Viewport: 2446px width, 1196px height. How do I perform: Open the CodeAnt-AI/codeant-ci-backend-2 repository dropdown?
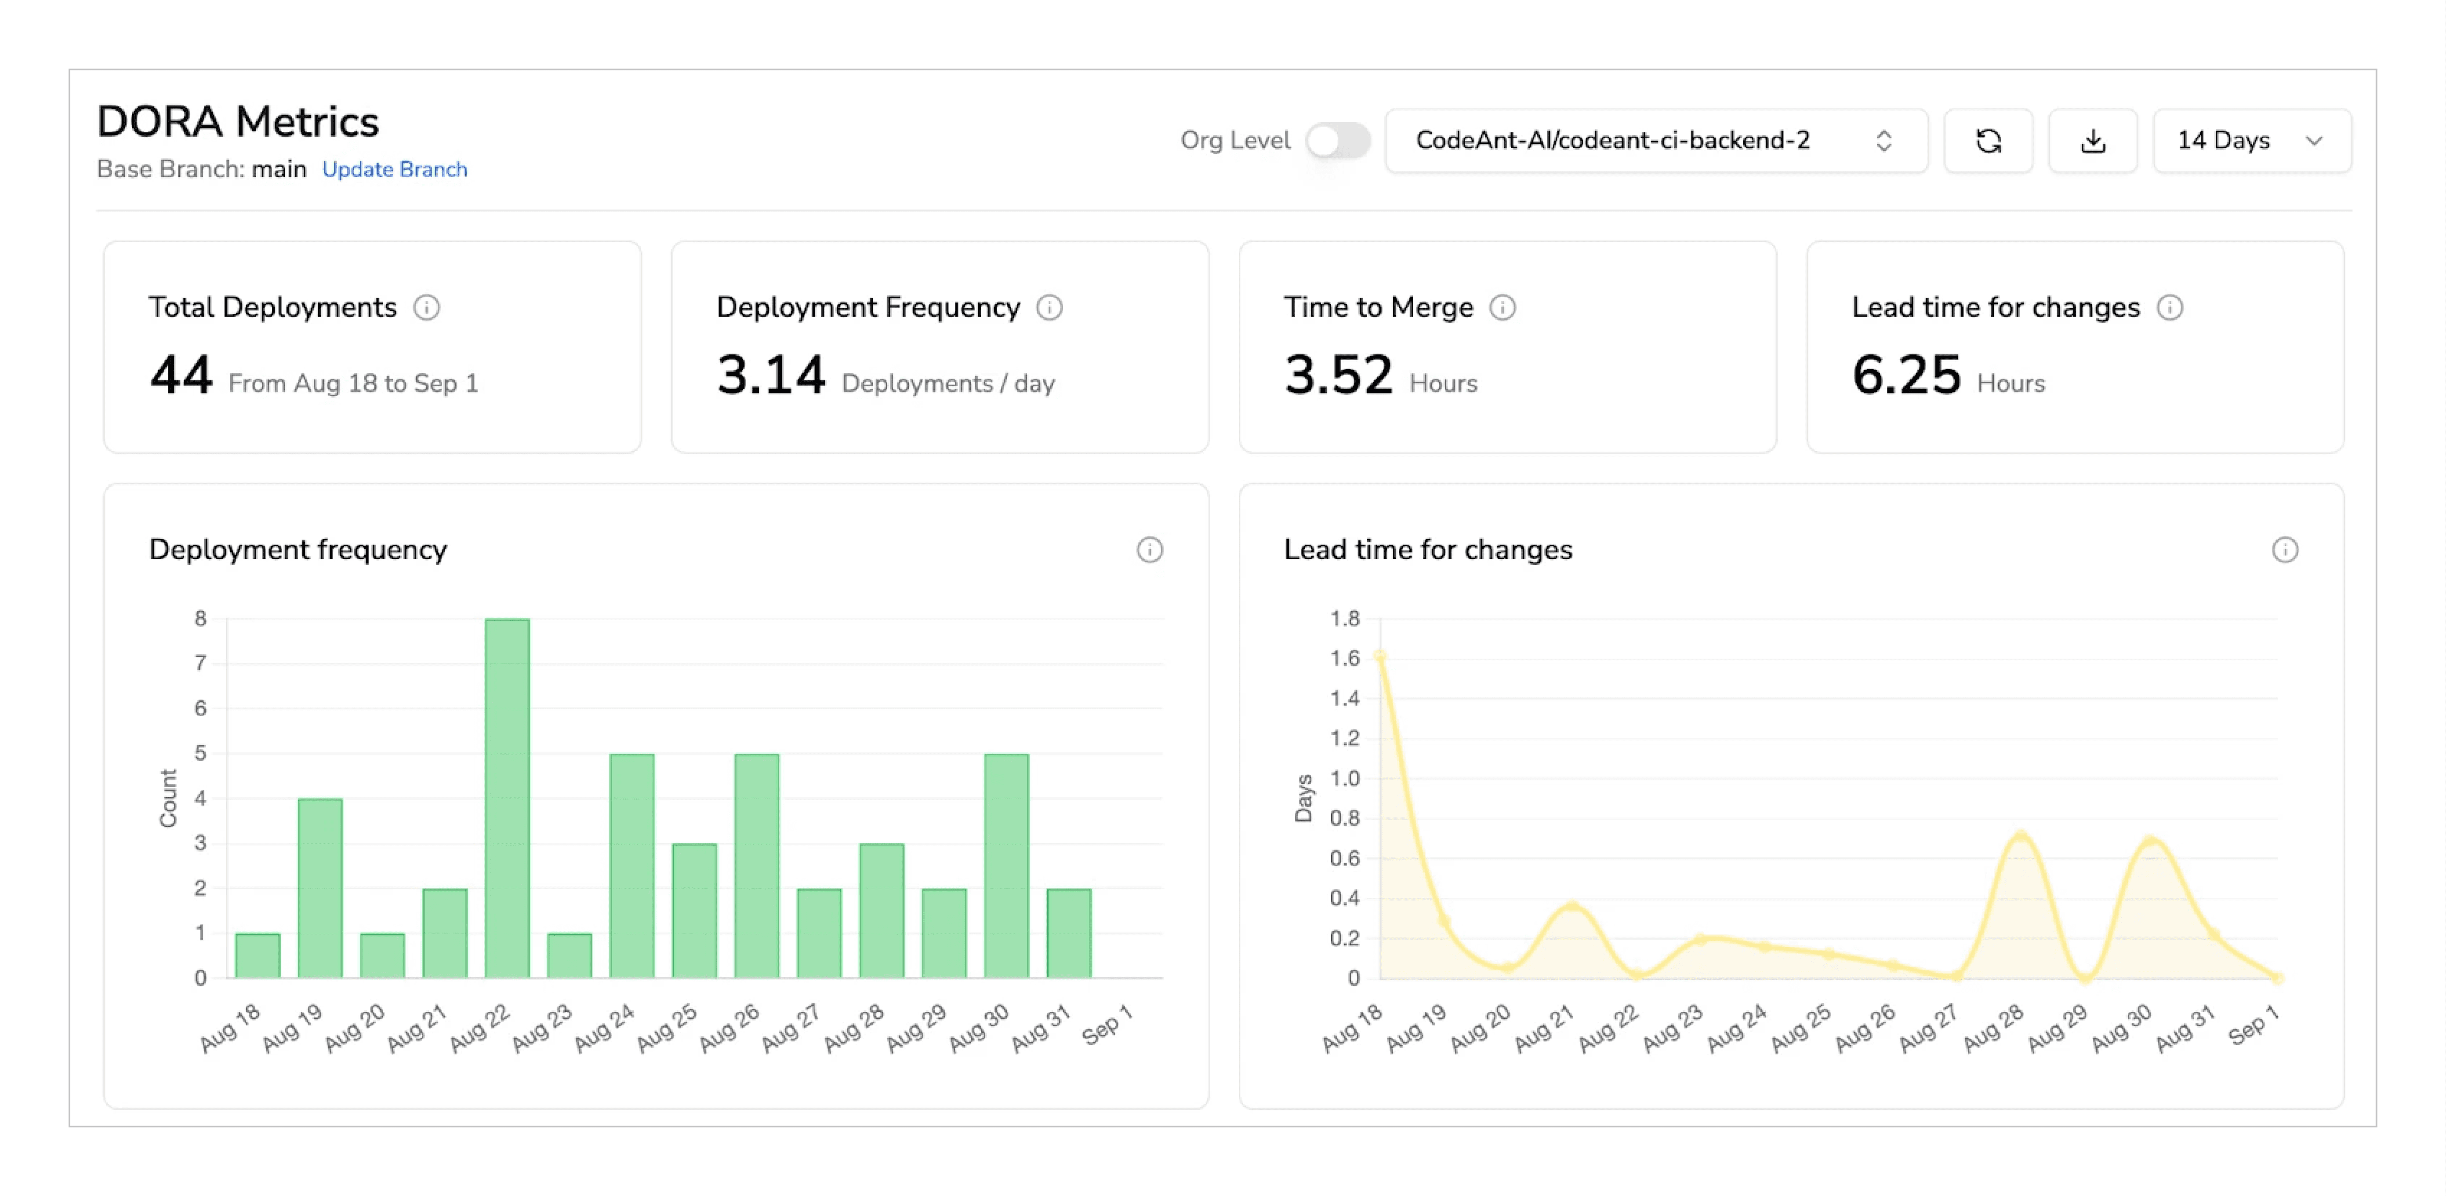click(x=1655, y=141)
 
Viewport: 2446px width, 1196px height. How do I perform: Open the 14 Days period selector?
click(x=2250, y=141)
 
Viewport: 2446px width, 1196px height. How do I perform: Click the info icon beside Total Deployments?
click(x=426, y=308)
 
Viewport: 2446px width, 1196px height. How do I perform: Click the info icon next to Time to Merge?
click(x=1502, y=308)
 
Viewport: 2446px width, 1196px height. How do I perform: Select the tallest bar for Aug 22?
click(x=507, y=798)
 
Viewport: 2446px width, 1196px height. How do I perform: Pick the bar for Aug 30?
click(x=1005, y=864)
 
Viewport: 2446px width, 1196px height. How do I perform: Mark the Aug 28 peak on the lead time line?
click(x=2021, y=836)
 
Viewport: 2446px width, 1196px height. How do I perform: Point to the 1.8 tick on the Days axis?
click(x=1345, y=618)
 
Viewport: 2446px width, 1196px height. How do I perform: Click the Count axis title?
click(x=168, y=798)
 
